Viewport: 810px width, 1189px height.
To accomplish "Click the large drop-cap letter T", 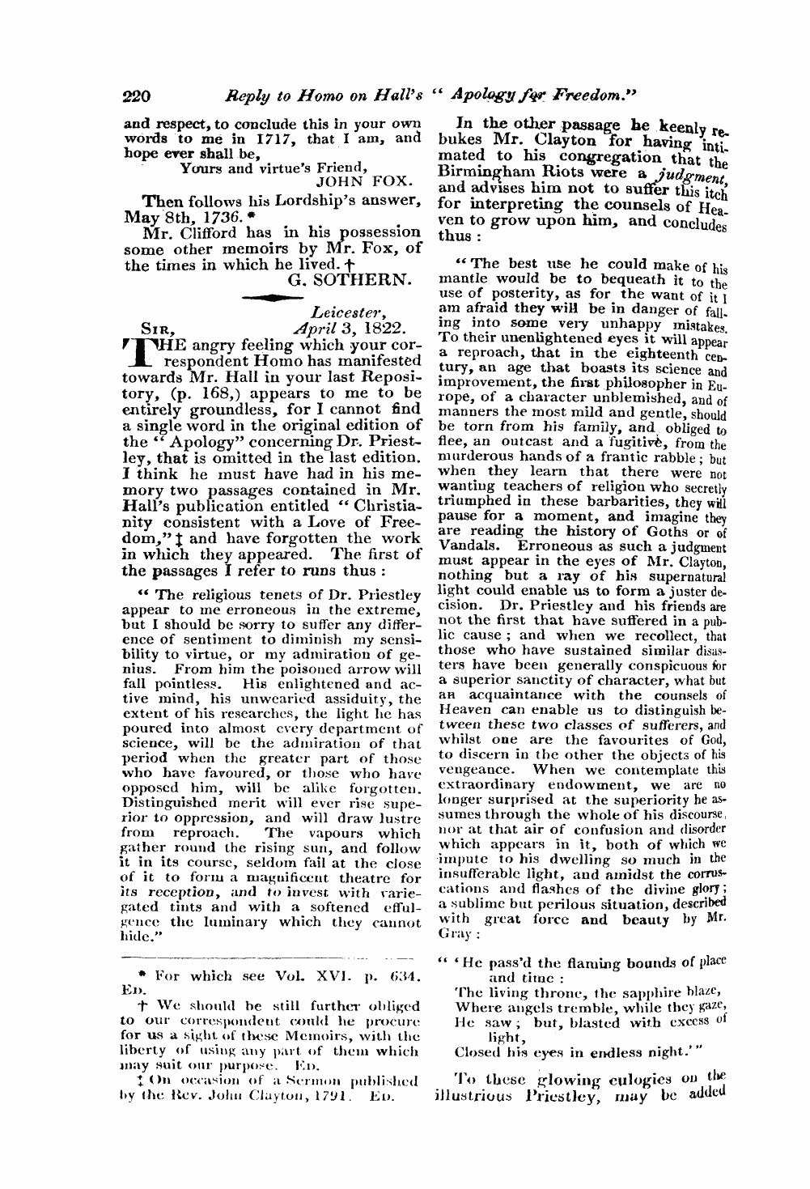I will [x=137, y=354].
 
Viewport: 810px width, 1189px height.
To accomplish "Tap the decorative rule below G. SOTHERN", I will [x=271, y=298].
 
